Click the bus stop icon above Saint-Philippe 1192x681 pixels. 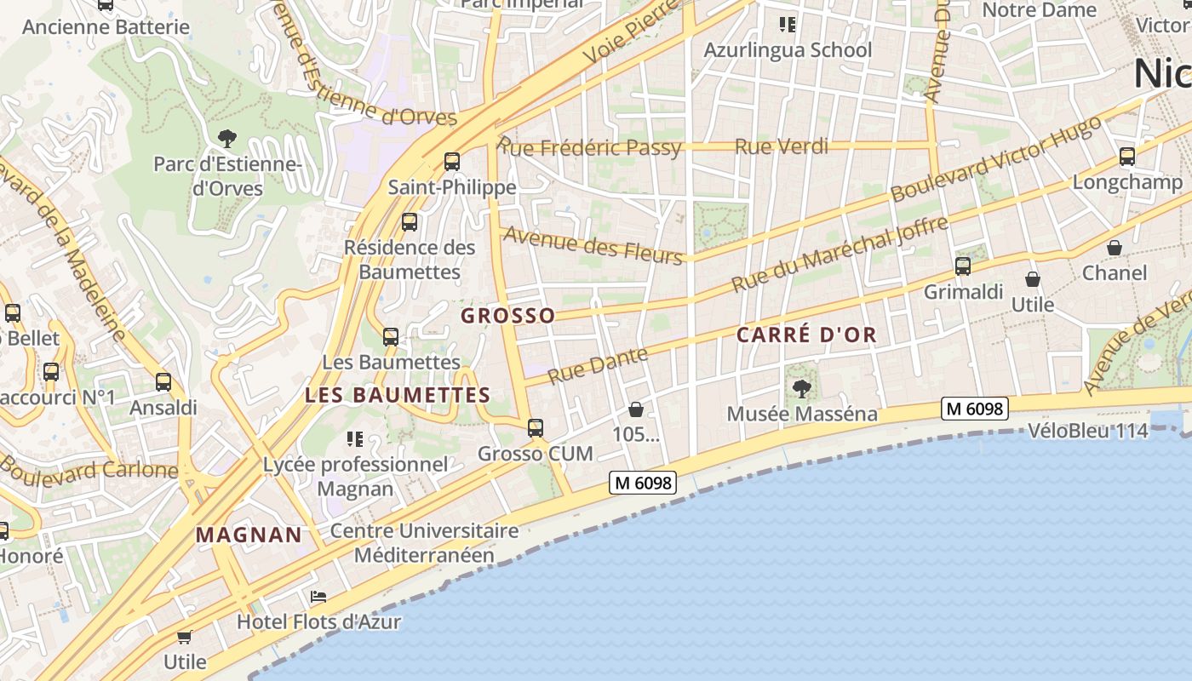click(x=452, y=161)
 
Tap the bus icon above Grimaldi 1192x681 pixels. click(x=963, y=266)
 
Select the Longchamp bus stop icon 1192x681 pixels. click(x=1127, y=156)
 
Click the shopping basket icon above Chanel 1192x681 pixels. click(x=1115, y=248)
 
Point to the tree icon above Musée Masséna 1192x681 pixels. click(x=801, y=389)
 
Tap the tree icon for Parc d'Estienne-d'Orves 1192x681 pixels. click(x=227, y=138)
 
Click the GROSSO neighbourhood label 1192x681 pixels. click(x=507, y=316)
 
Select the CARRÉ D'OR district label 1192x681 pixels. click(x=806, y=335)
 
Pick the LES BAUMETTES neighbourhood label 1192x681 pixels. click(x=398, y=395)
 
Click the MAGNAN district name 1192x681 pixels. click(x=249, y=535)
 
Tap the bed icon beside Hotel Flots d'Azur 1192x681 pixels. click(x=318, y=597)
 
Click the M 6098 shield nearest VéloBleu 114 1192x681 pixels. click(x=975, y=409)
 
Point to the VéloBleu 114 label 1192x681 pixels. click(x=1088, y=431)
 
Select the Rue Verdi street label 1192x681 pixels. click(x=781, y=146)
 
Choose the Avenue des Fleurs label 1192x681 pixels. click(x=593, y=244)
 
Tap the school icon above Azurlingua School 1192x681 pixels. click(x=788, y=25)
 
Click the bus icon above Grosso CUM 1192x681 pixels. click(x=536, y=428)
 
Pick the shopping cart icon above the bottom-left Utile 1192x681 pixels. click(x=185, y=637)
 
